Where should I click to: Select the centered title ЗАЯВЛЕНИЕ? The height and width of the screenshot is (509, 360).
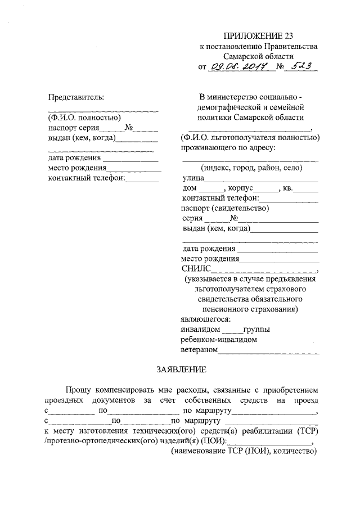point(182,369)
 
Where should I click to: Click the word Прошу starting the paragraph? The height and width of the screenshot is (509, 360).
point(78,389)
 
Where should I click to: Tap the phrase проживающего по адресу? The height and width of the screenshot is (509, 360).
point(219,148)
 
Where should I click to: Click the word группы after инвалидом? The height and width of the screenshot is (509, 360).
point(256,329)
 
